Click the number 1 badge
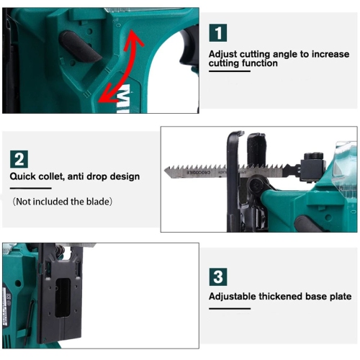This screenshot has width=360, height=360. click(x=218, y=32)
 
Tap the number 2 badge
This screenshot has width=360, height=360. click(x=19, y=158)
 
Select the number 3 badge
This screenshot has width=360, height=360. click(x=218, y=276)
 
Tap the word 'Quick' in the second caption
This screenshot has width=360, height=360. click(x=24, y=176)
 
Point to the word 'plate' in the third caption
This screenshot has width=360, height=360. click(x=338, y=296)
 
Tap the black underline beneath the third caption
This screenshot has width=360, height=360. click(x=229, y=308)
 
